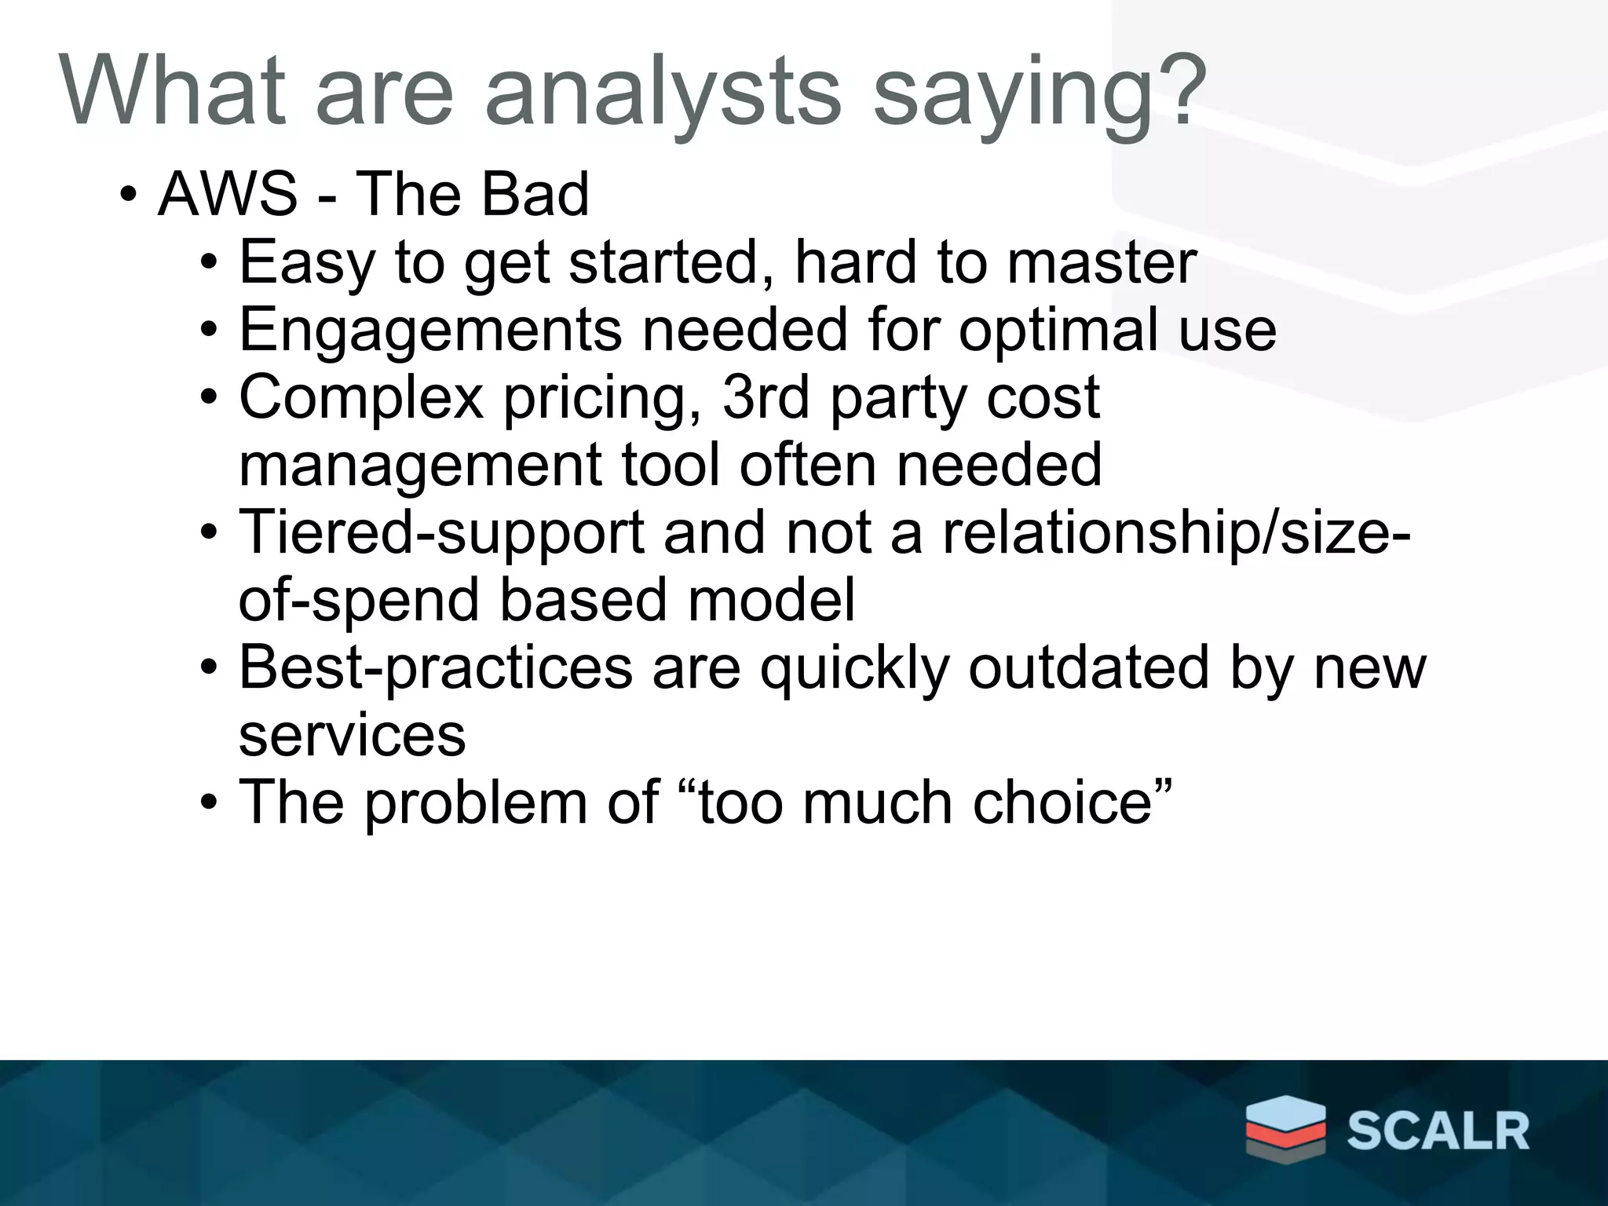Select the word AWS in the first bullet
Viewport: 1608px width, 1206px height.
tap(228, 194)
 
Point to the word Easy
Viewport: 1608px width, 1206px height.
tap(306, 263)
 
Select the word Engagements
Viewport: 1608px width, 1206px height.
tap(430, 330)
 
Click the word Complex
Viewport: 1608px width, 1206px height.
tap(360, 397)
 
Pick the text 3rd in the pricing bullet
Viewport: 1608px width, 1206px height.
tap(765, 397)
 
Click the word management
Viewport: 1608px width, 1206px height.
tap(419, 465)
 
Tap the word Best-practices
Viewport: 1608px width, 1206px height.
tap(435, 668)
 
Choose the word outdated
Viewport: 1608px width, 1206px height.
tap(1088, 668)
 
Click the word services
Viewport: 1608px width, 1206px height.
tap(352, 736)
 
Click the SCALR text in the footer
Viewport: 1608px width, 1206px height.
tap(1438, 1131)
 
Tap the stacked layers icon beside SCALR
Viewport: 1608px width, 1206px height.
tap(1285, 1128)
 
